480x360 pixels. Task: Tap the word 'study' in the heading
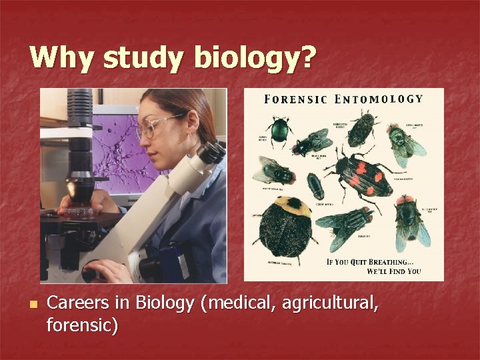pos(138,59)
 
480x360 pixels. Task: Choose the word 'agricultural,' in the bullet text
pos(331,304)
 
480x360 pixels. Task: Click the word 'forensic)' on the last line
pos(83,326)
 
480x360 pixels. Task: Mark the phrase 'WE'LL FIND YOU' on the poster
pos(394,271)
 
